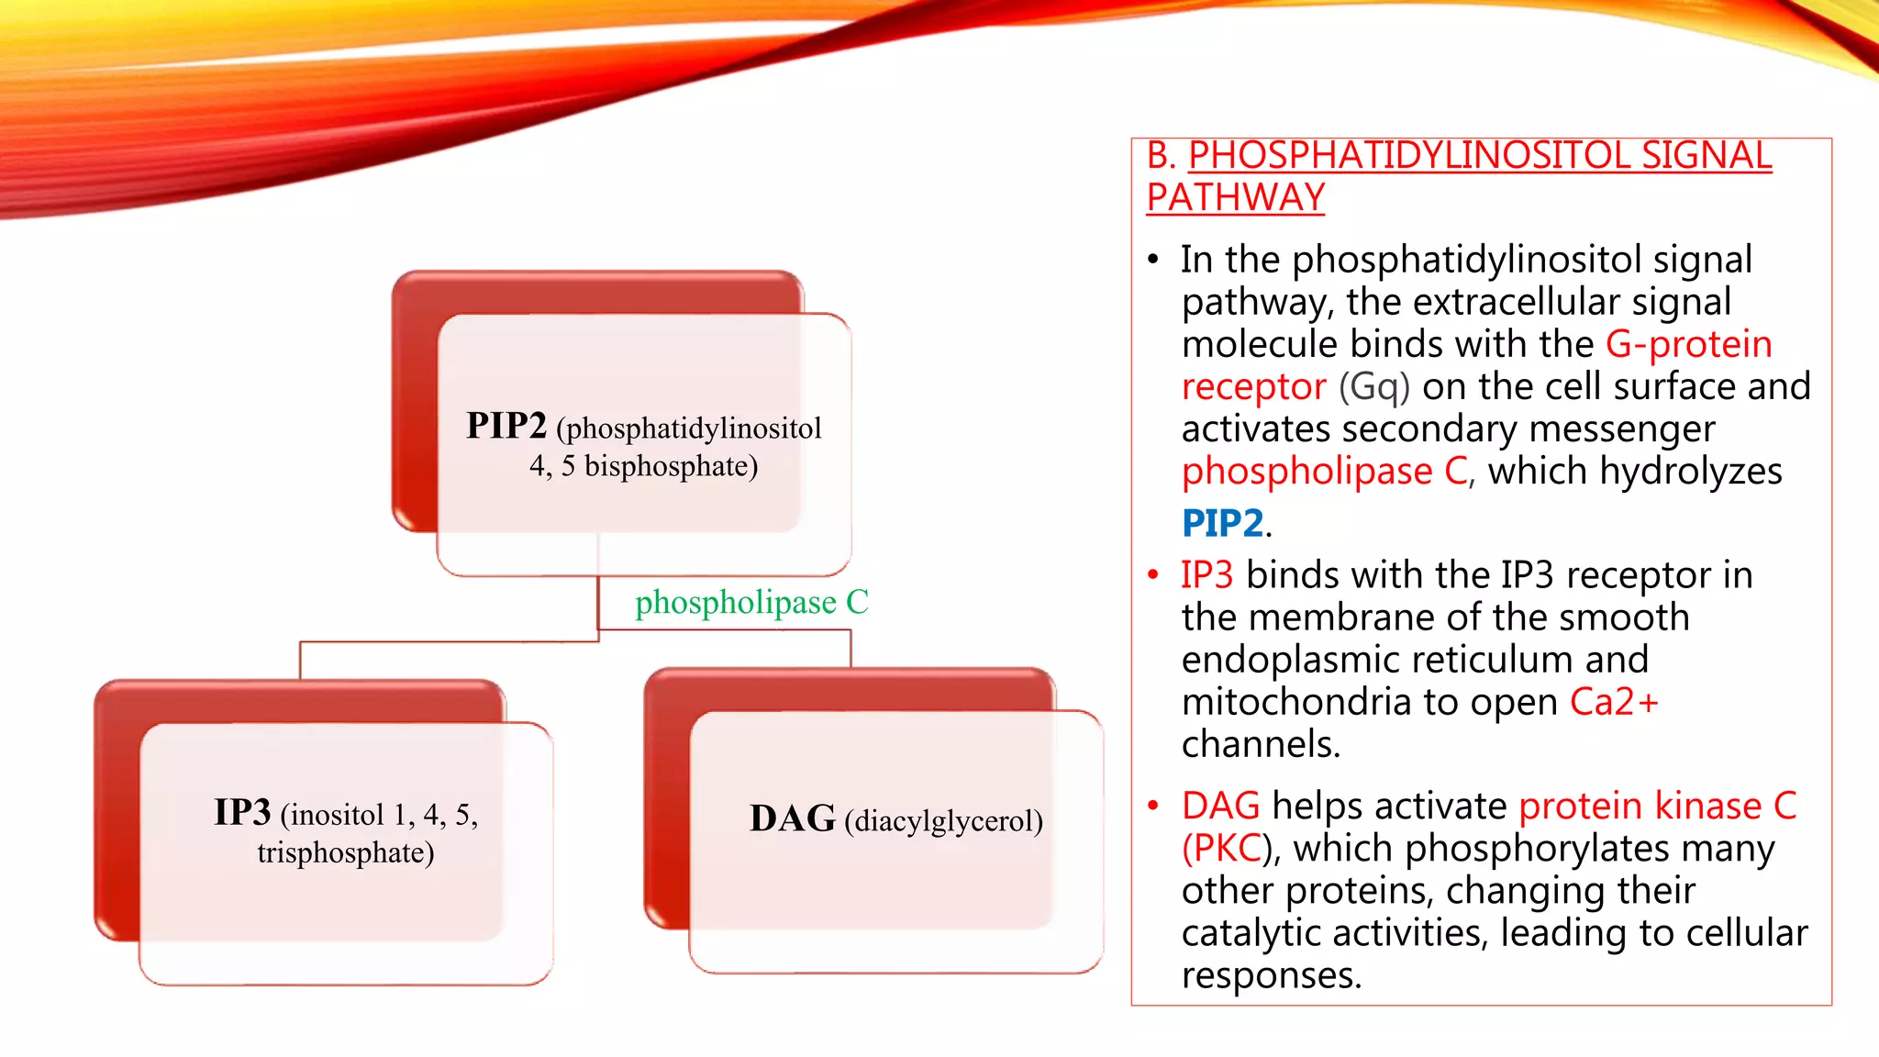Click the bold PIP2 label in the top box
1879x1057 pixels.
pyautogui.click(x=506, y=426)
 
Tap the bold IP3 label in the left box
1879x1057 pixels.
pyautogui.click(x=242, y=812)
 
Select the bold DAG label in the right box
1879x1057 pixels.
pyautogui.click(x=792, y=818)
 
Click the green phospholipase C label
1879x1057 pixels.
pyautogui.click(x=751, y=602)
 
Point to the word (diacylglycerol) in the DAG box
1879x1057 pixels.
pyautogui.click(x=943, y=820)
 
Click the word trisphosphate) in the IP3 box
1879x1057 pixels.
pyautogui.click(x=345, y=852)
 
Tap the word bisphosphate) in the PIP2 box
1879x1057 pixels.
pyautogui.click(x=671, y=466)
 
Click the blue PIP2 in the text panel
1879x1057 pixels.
pyautogui.click(x=1222, y=523)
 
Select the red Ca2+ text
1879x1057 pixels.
pyautogui.click(x=1614, y=702)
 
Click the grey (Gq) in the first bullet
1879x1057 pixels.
pyautogui.click(x=1373, y=386)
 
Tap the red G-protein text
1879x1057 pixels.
pyautogui.click(x=1688, y=344)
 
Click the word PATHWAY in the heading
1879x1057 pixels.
pyautogui.click(x=1235, y=197)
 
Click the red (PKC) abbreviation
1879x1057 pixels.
pyautogui.click(x=1220, y=848)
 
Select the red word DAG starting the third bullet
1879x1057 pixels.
pyautogui.click(x=1220, y=806)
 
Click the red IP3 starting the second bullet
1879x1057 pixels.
pyautogui.click(x=1206, y=575)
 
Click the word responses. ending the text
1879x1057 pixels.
pyautogui.click(x=1272, y=974)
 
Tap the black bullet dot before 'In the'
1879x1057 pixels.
pyautogui.click(x=1153, y=260)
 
